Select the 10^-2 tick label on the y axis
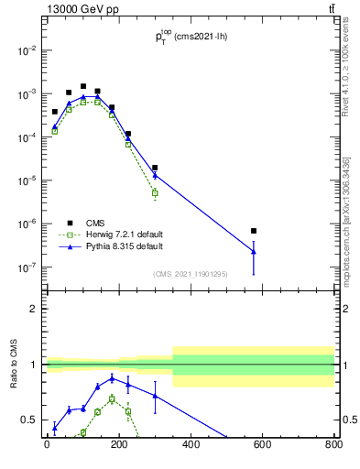27,50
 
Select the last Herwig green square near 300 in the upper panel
155,193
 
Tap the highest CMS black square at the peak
83,86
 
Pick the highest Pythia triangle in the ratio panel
112,377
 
